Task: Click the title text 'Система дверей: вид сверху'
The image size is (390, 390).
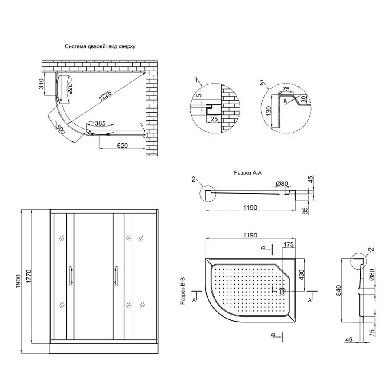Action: (x=101, y=45)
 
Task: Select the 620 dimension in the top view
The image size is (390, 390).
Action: (x=122, y=146)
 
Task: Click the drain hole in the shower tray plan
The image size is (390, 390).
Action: (x=282, y=291)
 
